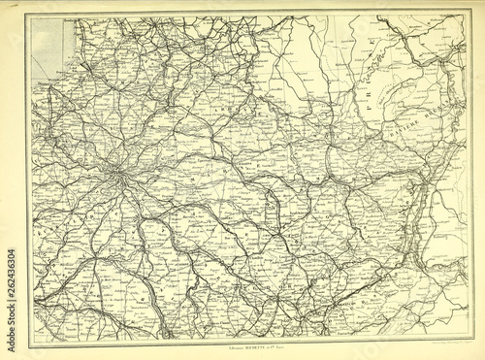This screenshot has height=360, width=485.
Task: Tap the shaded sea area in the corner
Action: (44, 44)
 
